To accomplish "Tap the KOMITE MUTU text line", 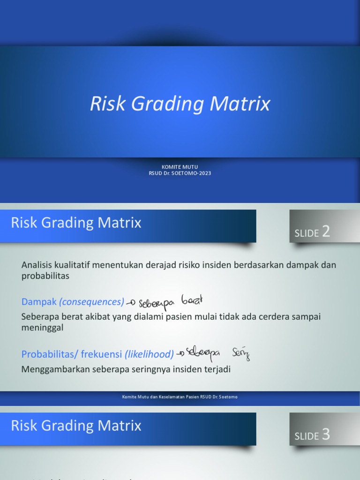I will coord(180,166).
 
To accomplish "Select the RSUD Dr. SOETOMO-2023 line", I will coord(180,173).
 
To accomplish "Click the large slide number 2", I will coord(326,232).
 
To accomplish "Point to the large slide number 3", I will coord(326,435).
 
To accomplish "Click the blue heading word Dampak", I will coord(39,302).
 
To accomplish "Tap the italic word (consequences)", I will coord(92,302).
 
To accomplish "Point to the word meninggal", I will coord(42,328).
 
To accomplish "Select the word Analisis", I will coord(37,265).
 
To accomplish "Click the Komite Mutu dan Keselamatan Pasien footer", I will coord(180,397).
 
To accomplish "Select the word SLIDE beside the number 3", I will coord(307,436).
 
